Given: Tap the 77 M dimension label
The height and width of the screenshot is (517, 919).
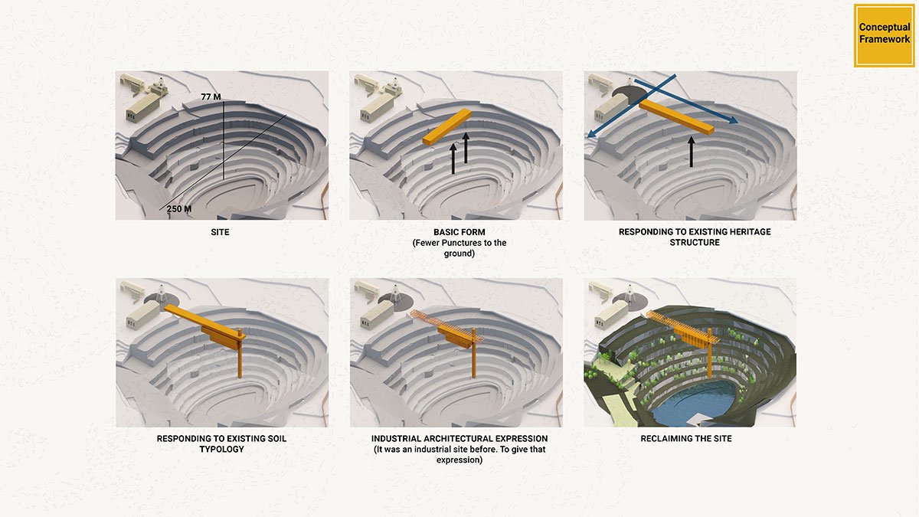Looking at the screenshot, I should coord(211,97).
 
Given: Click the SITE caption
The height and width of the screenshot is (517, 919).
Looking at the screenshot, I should coord(221,231).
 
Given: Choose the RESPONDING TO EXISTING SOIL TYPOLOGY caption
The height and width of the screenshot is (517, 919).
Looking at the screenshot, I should coord(221,443).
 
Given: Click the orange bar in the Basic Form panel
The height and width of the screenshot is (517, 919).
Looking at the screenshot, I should coord(446,127).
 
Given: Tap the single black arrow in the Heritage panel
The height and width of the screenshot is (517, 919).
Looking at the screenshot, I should coord(691,151).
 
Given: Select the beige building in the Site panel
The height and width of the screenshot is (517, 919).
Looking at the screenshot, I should coord(143,106).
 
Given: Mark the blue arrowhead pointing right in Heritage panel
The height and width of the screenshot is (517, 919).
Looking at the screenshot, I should coord(733,121).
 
